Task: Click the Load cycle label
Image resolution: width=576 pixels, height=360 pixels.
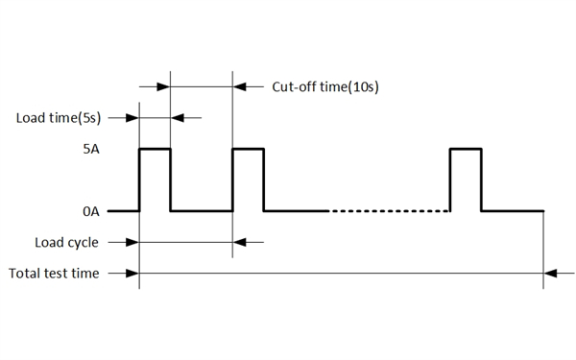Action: (66, 242)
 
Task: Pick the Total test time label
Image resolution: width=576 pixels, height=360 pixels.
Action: (54, 274)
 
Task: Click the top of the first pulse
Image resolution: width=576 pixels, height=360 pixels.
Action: (155, 149)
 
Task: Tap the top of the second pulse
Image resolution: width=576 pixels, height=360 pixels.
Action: (248, 149)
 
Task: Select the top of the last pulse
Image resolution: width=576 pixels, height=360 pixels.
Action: (466, 149)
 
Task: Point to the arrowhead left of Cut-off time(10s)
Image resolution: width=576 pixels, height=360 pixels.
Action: (240, 87)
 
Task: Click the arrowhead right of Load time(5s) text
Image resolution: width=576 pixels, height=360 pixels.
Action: (132, 119)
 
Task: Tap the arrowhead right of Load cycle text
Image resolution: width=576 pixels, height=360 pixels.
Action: (132, 242)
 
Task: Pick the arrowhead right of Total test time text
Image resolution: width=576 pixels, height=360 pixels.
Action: (132, 274)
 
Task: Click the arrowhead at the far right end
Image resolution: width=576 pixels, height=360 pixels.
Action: (551, 274)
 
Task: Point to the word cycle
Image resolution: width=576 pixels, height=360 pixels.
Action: (83, 242)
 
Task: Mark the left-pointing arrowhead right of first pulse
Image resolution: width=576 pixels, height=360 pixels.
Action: (179, 119)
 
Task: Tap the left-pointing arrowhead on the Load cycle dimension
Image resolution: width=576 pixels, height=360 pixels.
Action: (240, 242)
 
